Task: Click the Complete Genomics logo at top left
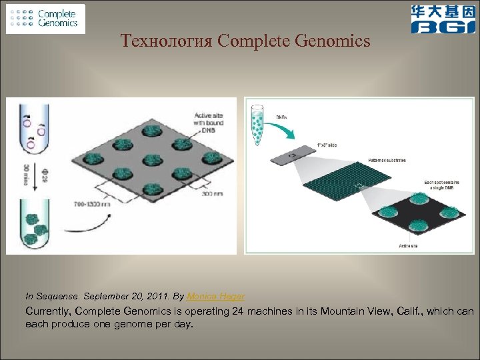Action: click(x=46, y=19)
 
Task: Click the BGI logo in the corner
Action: click(x=443, y=19)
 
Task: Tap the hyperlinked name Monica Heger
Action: click(x=215, y=296)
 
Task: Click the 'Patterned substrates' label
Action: click(x=386, y=161)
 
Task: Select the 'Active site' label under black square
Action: click(x=409, y=245)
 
